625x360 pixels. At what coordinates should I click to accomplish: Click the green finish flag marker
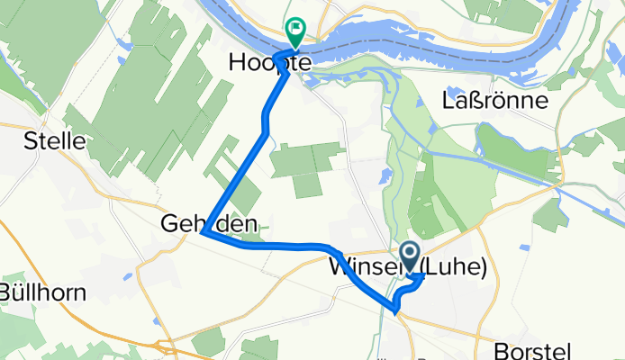[294, 31]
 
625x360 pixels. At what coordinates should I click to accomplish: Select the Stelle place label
[55, 140]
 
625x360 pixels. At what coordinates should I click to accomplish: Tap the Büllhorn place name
[42, 292]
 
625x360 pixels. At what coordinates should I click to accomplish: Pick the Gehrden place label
[204, 222]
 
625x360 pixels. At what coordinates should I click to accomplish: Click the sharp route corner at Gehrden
[205, 233]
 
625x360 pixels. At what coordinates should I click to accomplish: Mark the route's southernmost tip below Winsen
[396, 311]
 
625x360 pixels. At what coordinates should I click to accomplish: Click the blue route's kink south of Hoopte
[266, 133]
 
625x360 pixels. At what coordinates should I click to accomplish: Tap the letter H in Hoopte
[238, 64]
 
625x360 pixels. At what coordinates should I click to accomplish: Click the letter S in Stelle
[30, 140]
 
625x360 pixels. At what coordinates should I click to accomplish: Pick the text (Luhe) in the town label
[460, 267]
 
